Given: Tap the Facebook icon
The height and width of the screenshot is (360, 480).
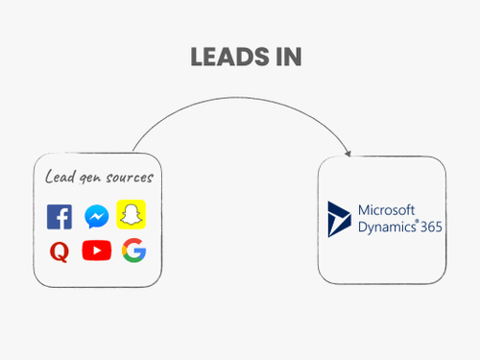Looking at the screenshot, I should pos(60,217).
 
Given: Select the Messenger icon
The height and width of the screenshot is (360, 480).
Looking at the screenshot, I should pos(96,216).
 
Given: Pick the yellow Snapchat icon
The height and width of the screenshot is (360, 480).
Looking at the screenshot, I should pos(132,215).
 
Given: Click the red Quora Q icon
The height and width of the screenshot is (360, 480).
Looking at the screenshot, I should pos(60,252).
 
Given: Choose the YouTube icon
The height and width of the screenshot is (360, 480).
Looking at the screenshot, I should pos(96,251).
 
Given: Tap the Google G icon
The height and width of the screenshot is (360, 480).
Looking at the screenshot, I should pos(132,252).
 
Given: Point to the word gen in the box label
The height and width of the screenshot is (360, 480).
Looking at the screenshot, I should pos(89,179).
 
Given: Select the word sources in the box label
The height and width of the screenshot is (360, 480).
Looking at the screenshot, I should pos(129,178).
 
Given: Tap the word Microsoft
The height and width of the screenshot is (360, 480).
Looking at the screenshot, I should pos(387,210).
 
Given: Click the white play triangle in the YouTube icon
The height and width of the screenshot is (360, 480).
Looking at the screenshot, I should pos(97,251).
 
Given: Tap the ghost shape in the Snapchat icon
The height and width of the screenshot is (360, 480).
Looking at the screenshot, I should pos(132,215).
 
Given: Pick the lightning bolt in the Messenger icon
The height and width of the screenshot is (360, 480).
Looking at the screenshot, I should pos(96,216).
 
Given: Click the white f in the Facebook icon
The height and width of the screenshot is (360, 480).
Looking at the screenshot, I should pos(61,219).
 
